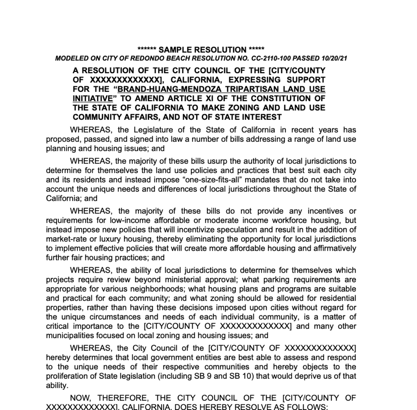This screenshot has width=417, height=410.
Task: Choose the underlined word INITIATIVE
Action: pos(92,98)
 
